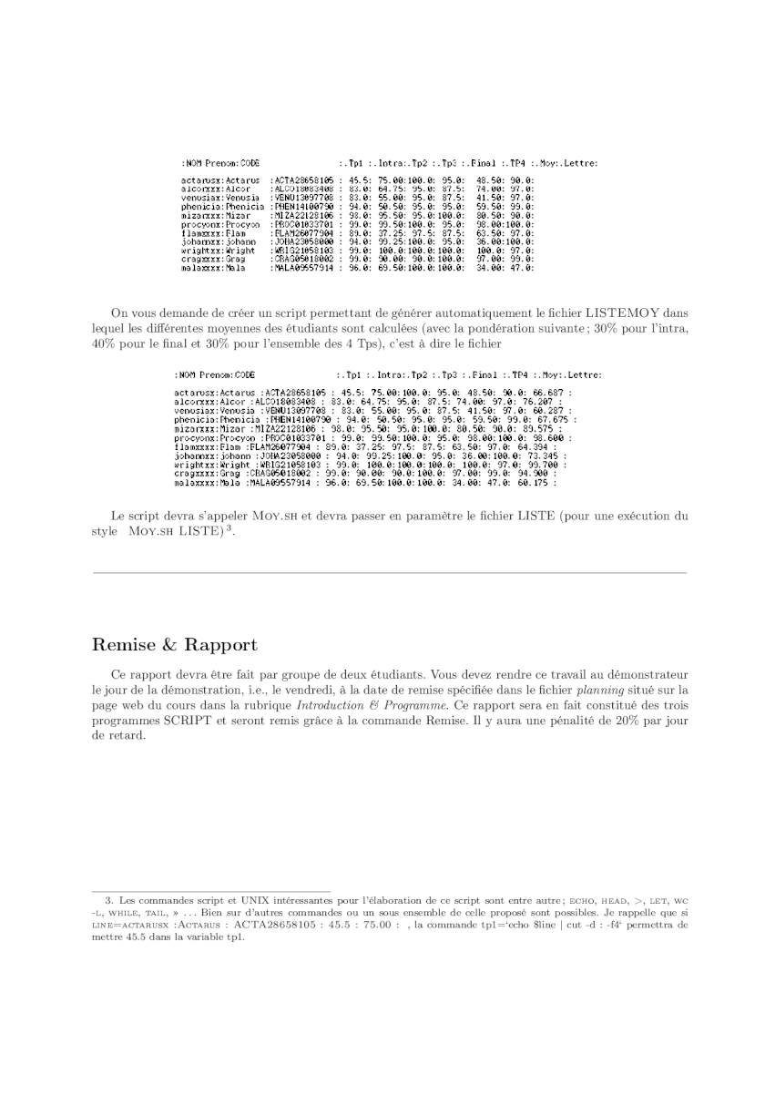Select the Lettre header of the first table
[x=580, y=163]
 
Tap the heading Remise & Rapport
[x=175, y=645]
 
